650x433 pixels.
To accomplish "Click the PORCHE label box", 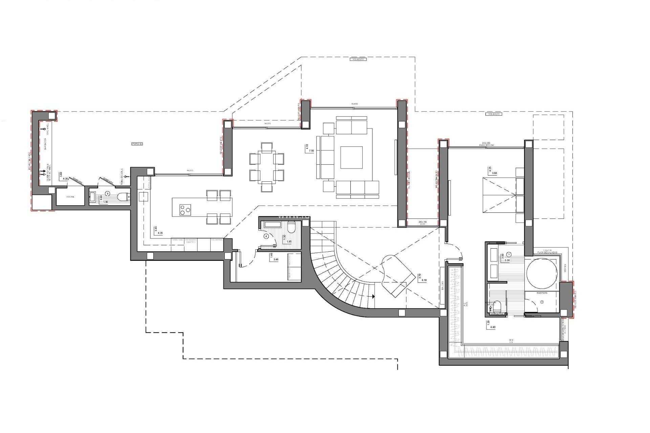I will click(137, 144).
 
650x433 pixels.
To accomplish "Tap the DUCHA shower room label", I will click(70, 197).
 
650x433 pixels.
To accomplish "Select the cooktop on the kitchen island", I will click(185, 210).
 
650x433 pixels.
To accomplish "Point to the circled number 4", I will click(266, 236).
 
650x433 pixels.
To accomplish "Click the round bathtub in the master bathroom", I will click(541, 274).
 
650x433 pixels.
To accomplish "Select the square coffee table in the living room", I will click(351, 157).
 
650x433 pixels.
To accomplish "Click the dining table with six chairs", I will click(267, 167).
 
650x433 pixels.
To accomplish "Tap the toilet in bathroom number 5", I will click(122, 197).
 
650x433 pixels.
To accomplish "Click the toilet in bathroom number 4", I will click(292, 227).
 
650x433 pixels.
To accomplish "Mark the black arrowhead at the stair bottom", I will click(373, 296).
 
